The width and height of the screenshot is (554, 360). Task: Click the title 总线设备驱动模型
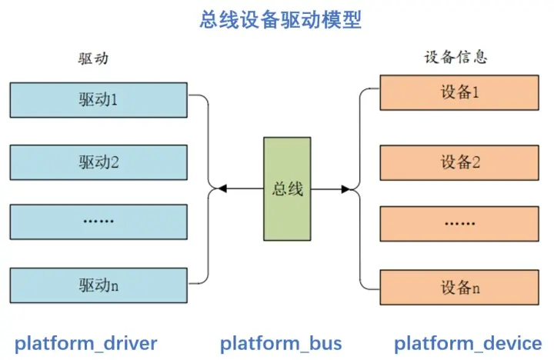tap(281, 19)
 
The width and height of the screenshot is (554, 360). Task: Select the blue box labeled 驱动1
tap(98, 100)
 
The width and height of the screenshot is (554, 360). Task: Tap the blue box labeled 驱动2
tap(98, 162)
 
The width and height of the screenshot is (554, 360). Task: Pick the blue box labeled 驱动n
tap(98, 285)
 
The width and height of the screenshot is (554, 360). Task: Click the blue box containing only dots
tap(98, 222)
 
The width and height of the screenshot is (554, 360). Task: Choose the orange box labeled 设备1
tap(459, 92)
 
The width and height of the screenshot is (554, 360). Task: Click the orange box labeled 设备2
tap(459, 162)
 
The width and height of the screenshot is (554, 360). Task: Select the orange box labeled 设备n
tap(459, 287)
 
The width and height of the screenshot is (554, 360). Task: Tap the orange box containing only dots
tap(459, 224)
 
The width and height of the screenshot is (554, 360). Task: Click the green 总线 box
tap(287, 189)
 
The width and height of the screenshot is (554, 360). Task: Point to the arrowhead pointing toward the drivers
tap(222, 188)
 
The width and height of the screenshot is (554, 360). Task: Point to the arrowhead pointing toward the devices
tap(346, 189)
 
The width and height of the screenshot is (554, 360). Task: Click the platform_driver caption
tap(86, 344)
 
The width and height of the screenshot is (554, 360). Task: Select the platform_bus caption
tap(281, 344)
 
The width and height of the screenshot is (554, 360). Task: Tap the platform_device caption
tap(468, 344)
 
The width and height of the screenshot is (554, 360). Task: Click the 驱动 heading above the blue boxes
tap(93, 58)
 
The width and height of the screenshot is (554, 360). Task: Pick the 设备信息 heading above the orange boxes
tap(456, 57)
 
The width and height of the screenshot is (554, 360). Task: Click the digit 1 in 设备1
tap(476, 92)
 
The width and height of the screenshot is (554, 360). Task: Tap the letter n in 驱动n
tap(115, 286)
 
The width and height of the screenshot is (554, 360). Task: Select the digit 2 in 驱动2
tap(115, 162)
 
